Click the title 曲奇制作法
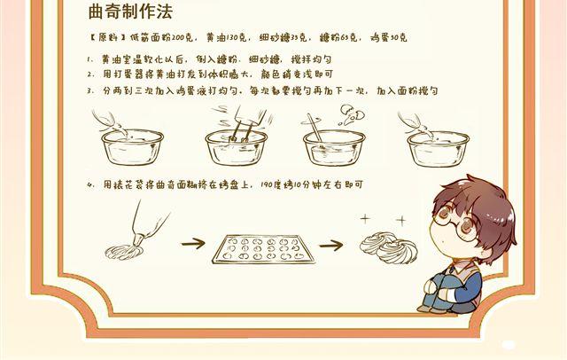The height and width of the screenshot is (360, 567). coord(130,12)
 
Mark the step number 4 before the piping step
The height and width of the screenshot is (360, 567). coord(90,184)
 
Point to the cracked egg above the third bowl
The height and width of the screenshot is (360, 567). coord(346,112)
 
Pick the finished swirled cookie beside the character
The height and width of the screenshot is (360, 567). coord(386,243)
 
